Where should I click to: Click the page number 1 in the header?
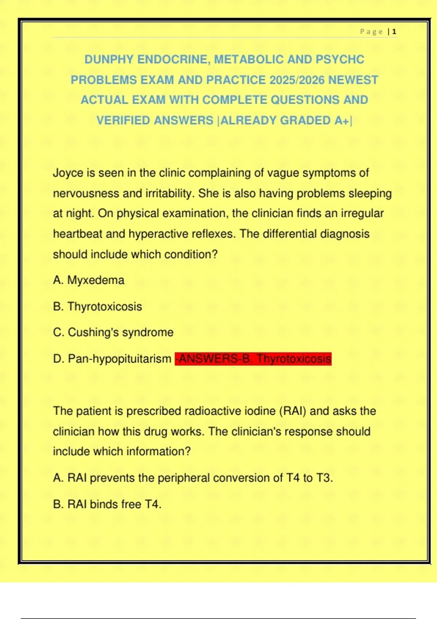click(394, 32)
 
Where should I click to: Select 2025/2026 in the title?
click(297, 80)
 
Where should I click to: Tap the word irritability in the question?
click(169, 193)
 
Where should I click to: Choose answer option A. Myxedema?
click(88, 280)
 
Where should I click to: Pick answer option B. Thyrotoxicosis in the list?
click(98, 307)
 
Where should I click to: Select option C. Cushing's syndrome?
click(113, 332)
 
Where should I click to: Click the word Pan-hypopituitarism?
click(119, 359)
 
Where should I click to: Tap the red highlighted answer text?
click(253, 359)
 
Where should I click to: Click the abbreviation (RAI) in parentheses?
click(293, 411)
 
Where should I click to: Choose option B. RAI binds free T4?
click(107, 504)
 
